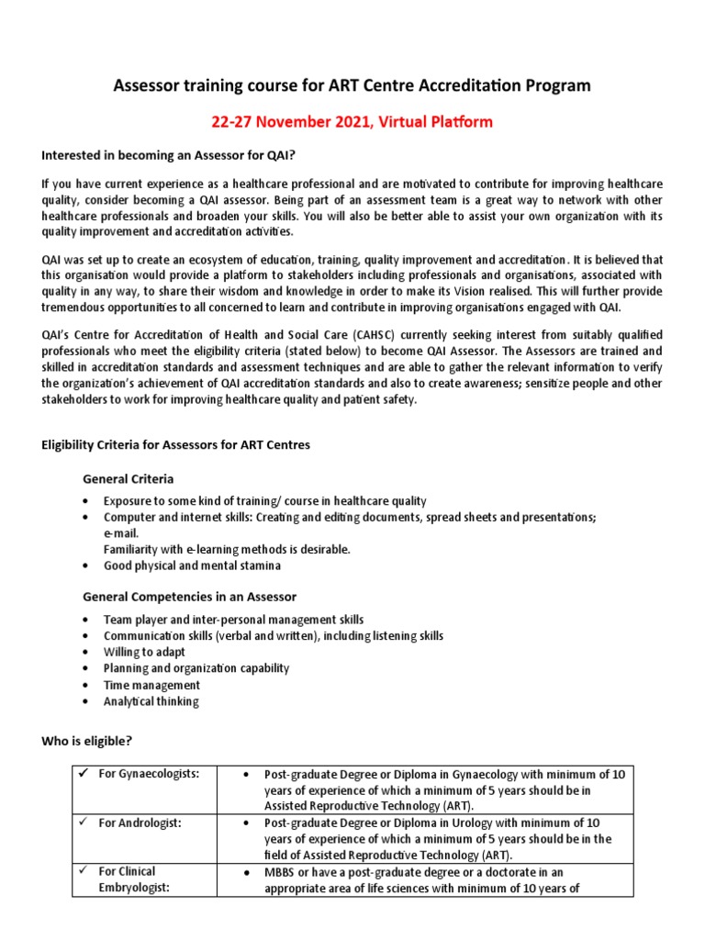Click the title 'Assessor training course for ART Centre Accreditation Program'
352,86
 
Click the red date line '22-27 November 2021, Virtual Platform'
352,121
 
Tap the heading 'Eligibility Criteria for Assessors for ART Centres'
176,445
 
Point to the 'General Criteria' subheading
128,479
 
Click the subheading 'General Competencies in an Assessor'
189,597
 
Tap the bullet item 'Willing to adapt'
144,652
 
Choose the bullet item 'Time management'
151,685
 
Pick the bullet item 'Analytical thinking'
151,701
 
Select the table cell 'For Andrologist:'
140,822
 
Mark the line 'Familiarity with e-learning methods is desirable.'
227,549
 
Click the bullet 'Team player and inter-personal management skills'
233,620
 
